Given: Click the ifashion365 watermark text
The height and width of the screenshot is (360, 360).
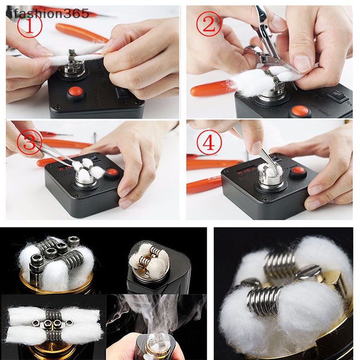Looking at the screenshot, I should coord(45,13).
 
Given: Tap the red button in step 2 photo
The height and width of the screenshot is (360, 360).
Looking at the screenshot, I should coord(298,111).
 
